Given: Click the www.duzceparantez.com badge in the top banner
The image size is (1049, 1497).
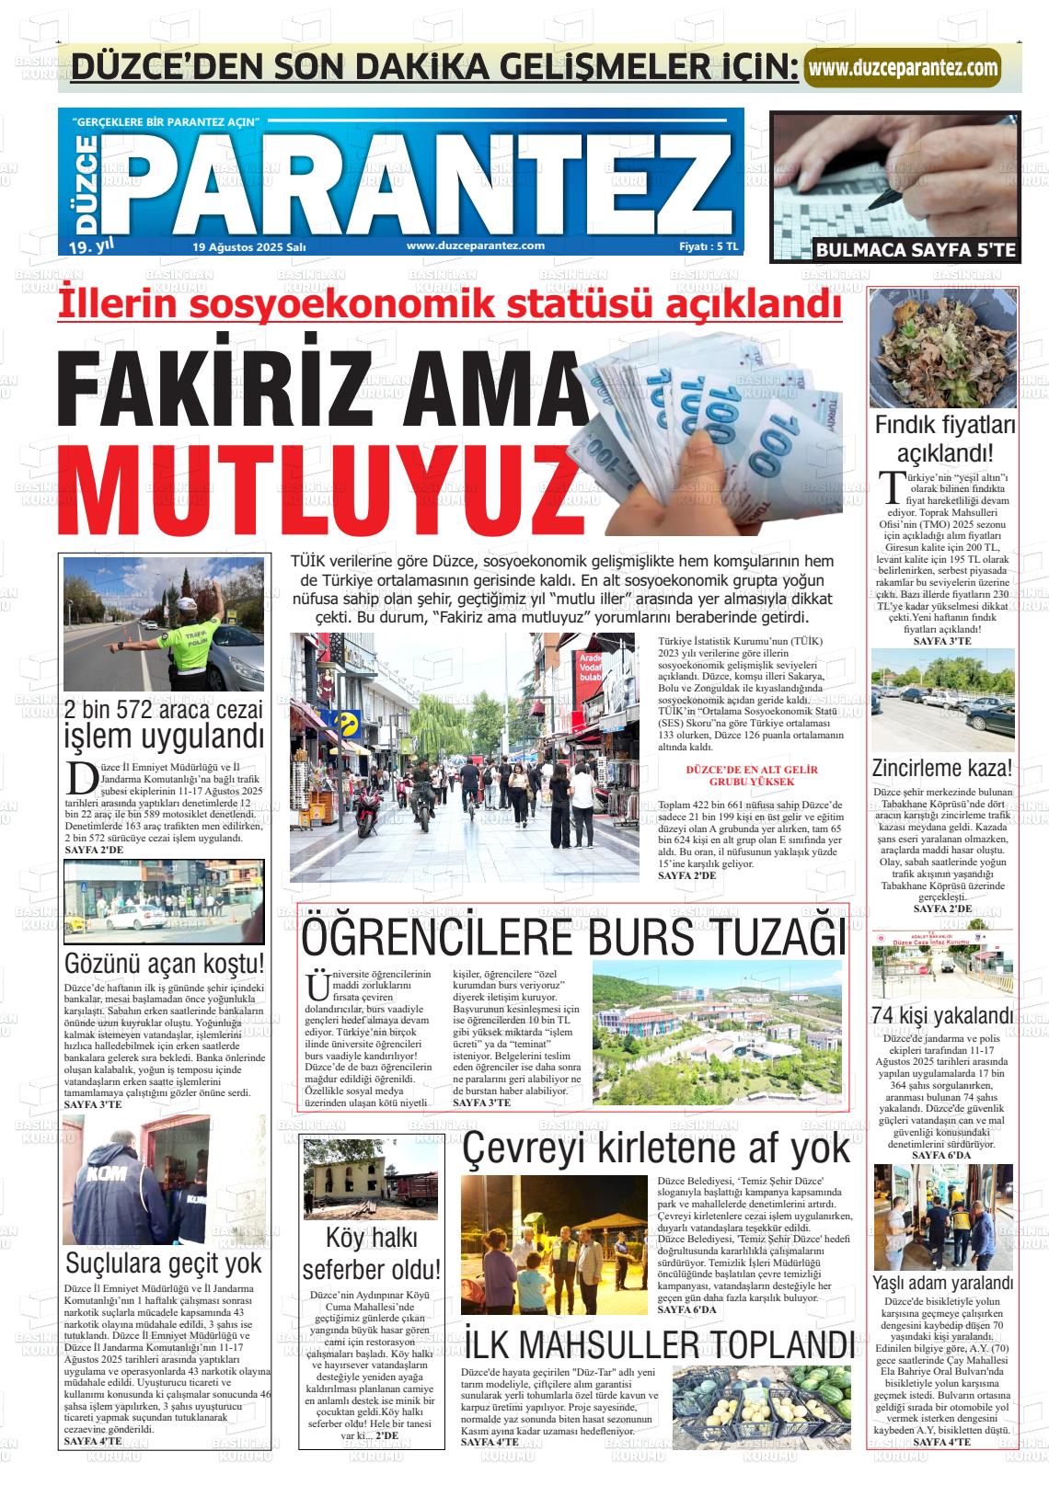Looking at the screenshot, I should click(902, 67).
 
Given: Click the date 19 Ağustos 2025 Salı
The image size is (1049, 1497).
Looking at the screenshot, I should click(249, 246).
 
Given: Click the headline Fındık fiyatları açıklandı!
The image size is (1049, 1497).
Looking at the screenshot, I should click(944, 439).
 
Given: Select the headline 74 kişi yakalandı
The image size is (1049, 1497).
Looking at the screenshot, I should click(942, 1015).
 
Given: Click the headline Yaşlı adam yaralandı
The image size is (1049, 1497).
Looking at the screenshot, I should click(942, 1282).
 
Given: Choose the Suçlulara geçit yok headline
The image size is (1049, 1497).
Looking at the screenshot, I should click(164, 1263).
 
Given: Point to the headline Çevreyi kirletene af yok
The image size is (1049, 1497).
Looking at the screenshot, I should click(656, 1148).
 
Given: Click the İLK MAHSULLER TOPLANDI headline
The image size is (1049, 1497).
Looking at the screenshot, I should click(656, 1343).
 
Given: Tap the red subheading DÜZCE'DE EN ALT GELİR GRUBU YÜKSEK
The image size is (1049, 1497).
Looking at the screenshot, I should click(752, 775).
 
